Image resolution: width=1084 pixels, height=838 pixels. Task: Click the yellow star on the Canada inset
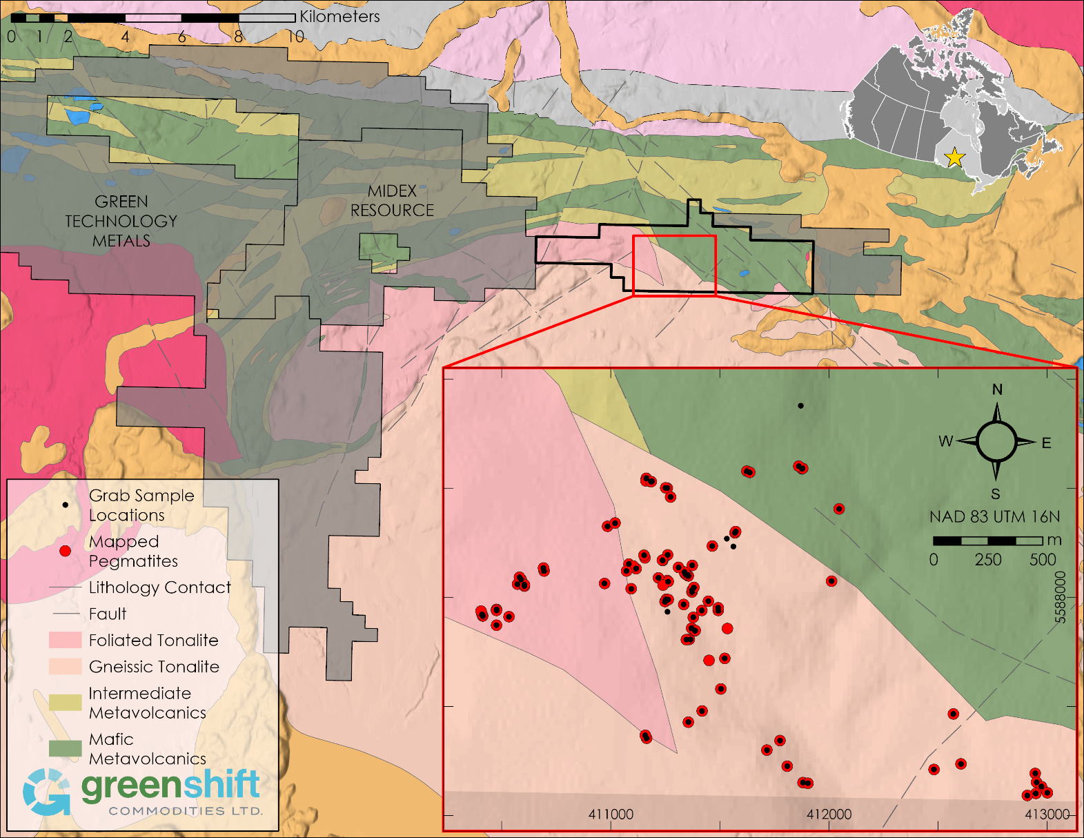(954, 157)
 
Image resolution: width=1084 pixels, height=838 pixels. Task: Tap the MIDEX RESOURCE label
(392, 201)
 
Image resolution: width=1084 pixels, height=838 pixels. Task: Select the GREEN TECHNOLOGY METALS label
(121, 221)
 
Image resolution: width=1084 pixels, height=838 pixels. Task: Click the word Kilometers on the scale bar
(339, 17)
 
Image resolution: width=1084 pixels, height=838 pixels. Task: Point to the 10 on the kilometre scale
(296, 37)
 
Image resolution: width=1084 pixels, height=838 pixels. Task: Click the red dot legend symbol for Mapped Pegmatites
(65, 551)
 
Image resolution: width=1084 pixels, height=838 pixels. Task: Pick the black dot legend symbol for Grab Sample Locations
(65, 505)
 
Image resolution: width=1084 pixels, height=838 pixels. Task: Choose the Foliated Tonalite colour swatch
(65, 641)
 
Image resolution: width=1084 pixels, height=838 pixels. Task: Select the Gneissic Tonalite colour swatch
(65, 667)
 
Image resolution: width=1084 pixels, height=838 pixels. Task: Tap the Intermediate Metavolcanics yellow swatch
(65, 703)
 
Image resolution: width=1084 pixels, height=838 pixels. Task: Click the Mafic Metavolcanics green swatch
(65, 748)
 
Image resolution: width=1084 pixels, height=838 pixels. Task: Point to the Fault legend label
(108, 614)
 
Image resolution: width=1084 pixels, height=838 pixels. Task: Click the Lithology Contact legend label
(159, 587)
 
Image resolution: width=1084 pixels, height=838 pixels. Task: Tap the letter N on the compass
(997, 389)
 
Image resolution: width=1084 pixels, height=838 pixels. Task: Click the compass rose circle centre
(996, 442)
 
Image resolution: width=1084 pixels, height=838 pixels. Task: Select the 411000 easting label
(611, 815)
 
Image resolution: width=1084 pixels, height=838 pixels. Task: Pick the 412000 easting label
(829, 815)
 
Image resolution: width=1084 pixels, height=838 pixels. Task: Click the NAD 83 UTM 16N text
(994, 517)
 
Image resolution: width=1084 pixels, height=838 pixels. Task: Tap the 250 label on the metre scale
(988, 560)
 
